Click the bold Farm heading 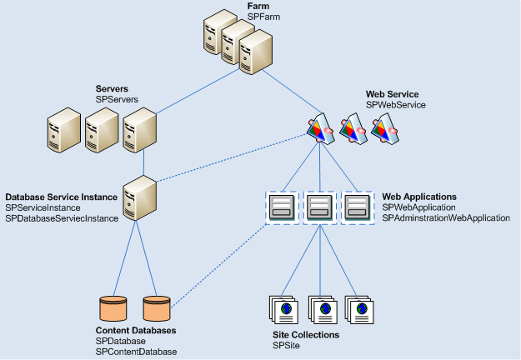pos(258,6)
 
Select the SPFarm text pos(263,17)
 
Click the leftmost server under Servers pos(64,132)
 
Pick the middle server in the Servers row pos(101,132)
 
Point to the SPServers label pos(117,99)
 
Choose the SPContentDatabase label pos(136,352)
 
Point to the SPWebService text pos(396,105)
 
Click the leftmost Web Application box pos(281,207)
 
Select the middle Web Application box pos(319,207)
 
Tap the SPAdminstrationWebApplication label pos(445,217)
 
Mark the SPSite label pos(286,345)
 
